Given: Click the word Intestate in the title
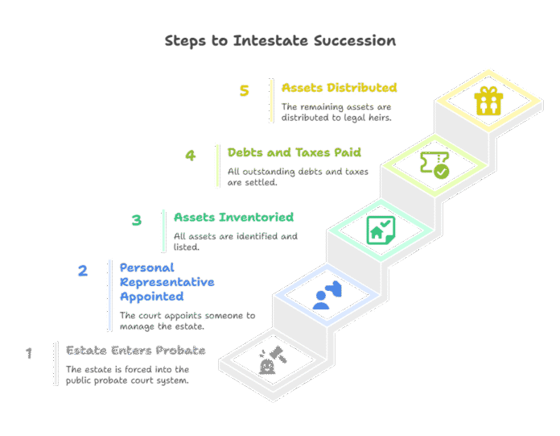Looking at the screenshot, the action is pos(270,41).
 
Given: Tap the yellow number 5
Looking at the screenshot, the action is pos(245,90).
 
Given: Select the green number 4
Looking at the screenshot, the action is pos(191,156).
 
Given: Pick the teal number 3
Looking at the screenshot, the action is pos(137,220).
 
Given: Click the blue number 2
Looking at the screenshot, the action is pos(83,271).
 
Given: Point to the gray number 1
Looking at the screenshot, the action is pos(29,353).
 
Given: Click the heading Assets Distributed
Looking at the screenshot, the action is pos(339,88).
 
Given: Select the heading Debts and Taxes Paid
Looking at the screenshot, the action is pos(294,153).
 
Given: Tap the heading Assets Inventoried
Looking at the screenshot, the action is pos(233,217).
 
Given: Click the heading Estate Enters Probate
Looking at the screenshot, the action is pos(136,350).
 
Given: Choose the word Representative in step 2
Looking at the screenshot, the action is pos(167,282).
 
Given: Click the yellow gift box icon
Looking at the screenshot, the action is pos(488,101).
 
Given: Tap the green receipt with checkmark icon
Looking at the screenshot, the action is pos(434,165).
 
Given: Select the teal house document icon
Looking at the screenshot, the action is pos(381,230).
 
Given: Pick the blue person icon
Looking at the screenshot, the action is pos(327,295).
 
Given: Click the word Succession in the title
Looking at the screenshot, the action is pos(355,41).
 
